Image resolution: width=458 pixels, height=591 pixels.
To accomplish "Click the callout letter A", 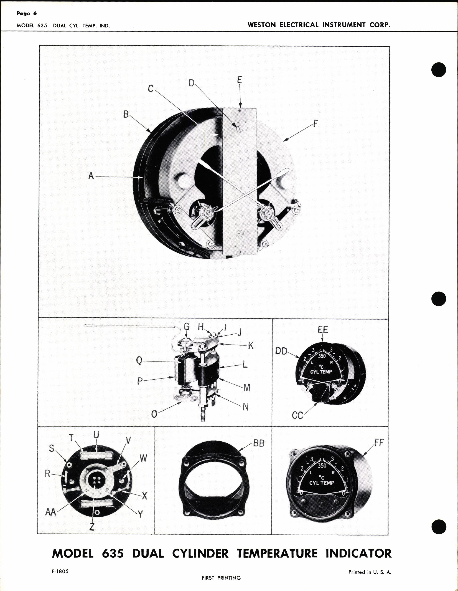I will point(91,176).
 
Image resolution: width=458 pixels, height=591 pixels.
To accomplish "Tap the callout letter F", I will point(315,124).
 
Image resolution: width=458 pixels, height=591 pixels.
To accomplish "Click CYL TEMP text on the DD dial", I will point(321,372).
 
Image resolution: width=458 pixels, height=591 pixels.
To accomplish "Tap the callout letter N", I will point(246,407).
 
